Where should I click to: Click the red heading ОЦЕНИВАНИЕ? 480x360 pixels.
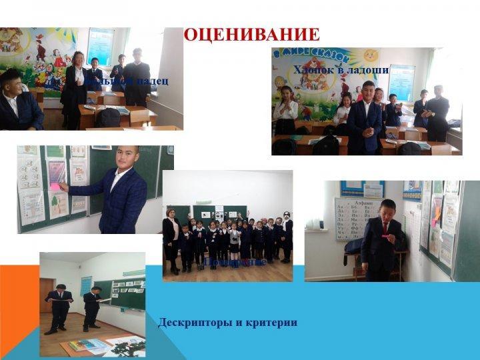point(252,34)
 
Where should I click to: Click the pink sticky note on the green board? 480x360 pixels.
point(55,188)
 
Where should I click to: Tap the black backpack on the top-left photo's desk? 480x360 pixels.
point(107,117)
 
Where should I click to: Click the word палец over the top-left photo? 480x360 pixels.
point(155,81)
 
